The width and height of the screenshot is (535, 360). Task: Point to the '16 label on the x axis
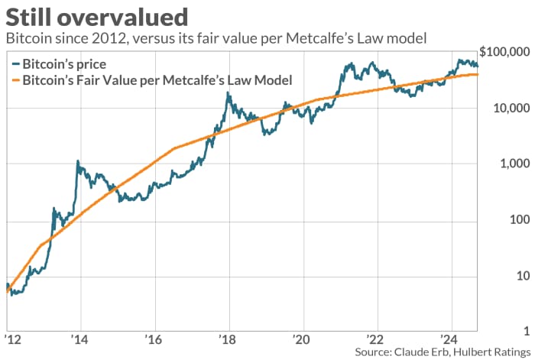tap(153, 339)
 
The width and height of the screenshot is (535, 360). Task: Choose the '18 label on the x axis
tap(227, 339)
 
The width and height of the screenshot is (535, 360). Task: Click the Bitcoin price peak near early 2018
tap(228, 93)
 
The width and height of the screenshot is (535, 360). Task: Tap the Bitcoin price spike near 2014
tap(78, 161)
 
